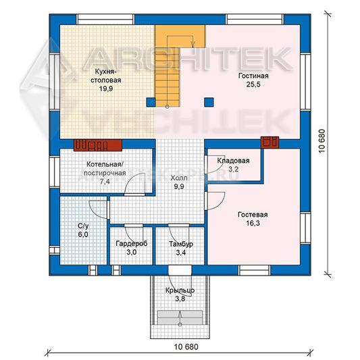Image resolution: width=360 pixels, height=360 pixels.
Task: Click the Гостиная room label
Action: coord(253,76)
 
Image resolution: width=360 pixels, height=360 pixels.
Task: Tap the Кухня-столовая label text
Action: coord(106,76)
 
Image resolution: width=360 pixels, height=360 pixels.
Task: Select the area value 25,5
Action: coord(253,84)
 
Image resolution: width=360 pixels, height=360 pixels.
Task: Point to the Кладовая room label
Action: coord(233,161)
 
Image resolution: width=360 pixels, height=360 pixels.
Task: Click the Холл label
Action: coord(179,178)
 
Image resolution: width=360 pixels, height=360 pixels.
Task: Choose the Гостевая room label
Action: coord(253,215)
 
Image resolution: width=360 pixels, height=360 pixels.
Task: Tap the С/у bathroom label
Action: coord(83,226)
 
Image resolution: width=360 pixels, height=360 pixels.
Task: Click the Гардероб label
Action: coord(132,244)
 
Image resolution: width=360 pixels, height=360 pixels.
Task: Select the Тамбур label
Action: coord(181,244)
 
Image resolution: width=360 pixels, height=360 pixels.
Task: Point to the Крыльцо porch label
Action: coord(180,290)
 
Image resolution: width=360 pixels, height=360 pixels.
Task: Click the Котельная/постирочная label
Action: coord(105,169)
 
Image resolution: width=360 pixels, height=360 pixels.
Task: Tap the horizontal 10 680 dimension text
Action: coord(186,346)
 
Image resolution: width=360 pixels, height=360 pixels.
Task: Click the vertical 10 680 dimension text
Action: coord(322,141)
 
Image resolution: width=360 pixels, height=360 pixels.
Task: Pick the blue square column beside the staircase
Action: coord(151,102)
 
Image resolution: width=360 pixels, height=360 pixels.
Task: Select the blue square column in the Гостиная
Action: coord(209,102)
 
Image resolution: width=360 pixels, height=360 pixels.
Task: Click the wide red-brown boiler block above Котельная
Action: coord(97,145)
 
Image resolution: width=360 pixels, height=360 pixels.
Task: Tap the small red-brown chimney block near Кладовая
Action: coord(269,142)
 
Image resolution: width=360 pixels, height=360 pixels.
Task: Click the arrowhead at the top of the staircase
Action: coord(192,45)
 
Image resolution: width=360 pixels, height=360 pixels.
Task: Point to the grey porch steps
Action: coord(180,317)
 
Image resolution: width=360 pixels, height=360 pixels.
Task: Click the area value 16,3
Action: coord(253,223)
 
